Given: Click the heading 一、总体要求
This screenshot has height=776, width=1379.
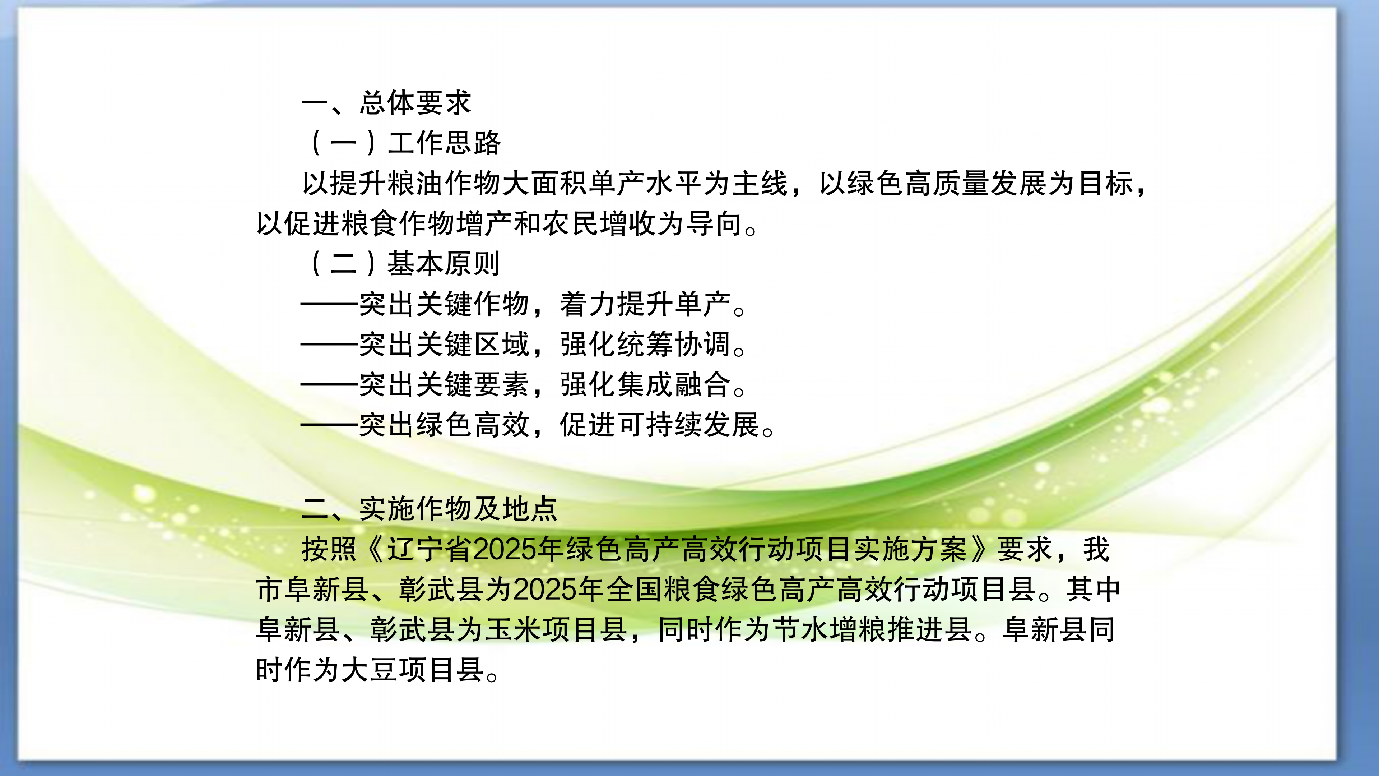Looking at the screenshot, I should [386, 102].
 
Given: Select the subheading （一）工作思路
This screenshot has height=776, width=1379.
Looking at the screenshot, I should [404, 143].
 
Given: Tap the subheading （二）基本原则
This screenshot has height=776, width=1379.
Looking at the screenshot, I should [404, 263].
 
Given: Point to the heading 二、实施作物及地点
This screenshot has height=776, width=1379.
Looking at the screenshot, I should [430, 508].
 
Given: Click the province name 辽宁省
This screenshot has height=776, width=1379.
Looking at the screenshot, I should [430, 549].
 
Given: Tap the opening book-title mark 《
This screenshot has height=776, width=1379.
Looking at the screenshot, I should [374, 549].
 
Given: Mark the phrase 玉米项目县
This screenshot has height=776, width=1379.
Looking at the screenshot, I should [557, 629].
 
